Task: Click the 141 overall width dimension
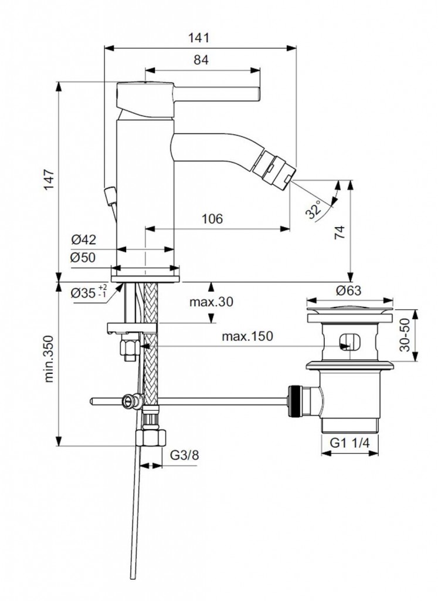pyautogui.click(x=199, y=38)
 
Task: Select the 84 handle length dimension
pyautogui.click(x=201, y=60)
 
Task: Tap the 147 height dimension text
pyautogui.click(x=49, y=180)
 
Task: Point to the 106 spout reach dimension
pyautogui.click(x=212, y=219)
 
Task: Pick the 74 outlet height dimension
pyautogui.click(x=340, y=232)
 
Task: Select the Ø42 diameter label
pyautogui.click(x=83, y=240)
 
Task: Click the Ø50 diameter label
pyautogui.click(x=83, y=257)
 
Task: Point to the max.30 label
pyautogui.click(x=211, y=302)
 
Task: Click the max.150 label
pyautogui.click(x=247, y=336)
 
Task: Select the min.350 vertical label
pyautogui.click(x=49, y=359)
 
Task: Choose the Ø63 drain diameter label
pyautogui.click(x=348, y=291)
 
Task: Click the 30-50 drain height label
pyautogui.click(x=405, y=335)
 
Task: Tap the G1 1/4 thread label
pyautogui.click(x=350, y=443)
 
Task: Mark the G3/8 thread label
pyautogui.click(x=185, y=455)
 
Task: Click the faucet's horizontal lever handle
pyautogui.click(x=217, y=94)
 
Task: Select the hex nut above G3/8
pyautogui.click(x=151, y=437)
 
